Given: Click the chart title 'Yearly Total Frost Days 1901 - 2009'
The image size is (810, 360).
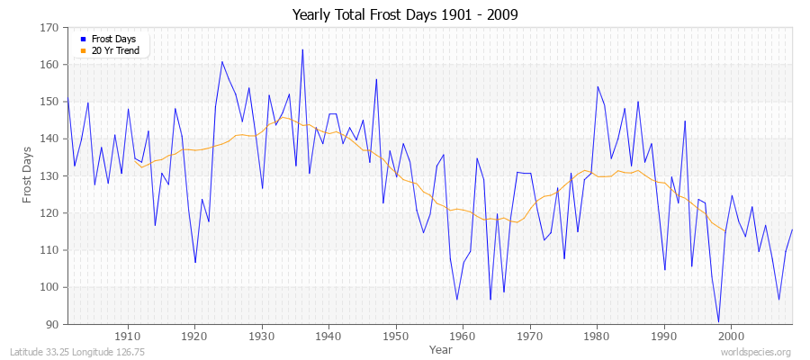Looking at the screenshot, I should [404, 15].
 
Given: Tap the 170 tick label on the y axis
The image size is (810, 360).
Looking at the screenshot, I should [49, 28].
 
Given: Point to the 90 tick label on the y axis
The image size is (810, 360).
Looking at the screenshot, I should [52, 324].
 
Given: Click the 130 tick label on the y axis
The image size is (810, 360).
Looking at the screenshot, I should [49, 175].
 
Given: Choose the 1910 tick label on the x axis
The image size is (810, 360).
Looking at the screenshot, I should [128, 335].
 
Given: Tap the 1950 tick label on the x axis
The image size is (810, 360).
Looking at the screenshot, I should [395, 335].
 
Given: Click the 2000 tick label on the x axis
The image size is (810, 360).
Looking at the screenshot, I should [730, 335].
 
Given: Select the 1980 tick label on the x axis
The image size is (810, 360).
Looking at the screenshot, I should [596, 335].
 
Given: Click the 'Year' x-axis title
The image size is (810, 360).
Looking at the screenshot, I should [441, 348].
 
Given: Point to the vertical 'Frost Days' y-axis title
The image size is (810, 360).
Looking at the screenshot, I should [28, 175].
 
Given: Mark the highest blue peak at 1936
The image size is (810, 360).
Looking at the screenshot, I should [302, 49].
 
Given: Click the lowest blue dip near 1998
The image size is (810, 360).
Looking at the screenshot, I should [718, 321].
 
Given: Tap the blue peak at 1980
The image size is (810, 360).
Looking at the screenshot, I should [598, 86].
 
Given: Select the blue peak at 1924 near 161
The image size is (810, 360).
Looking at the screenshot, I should [222, 61].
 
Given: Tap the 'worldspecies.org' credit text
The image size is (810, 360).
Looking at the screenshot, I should [758, 352].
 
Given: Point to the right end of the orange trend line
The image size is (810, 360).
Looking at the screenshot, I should [724, 231].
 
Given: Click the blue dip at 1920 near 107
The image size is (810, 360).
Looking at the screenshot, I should [195, 262].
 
